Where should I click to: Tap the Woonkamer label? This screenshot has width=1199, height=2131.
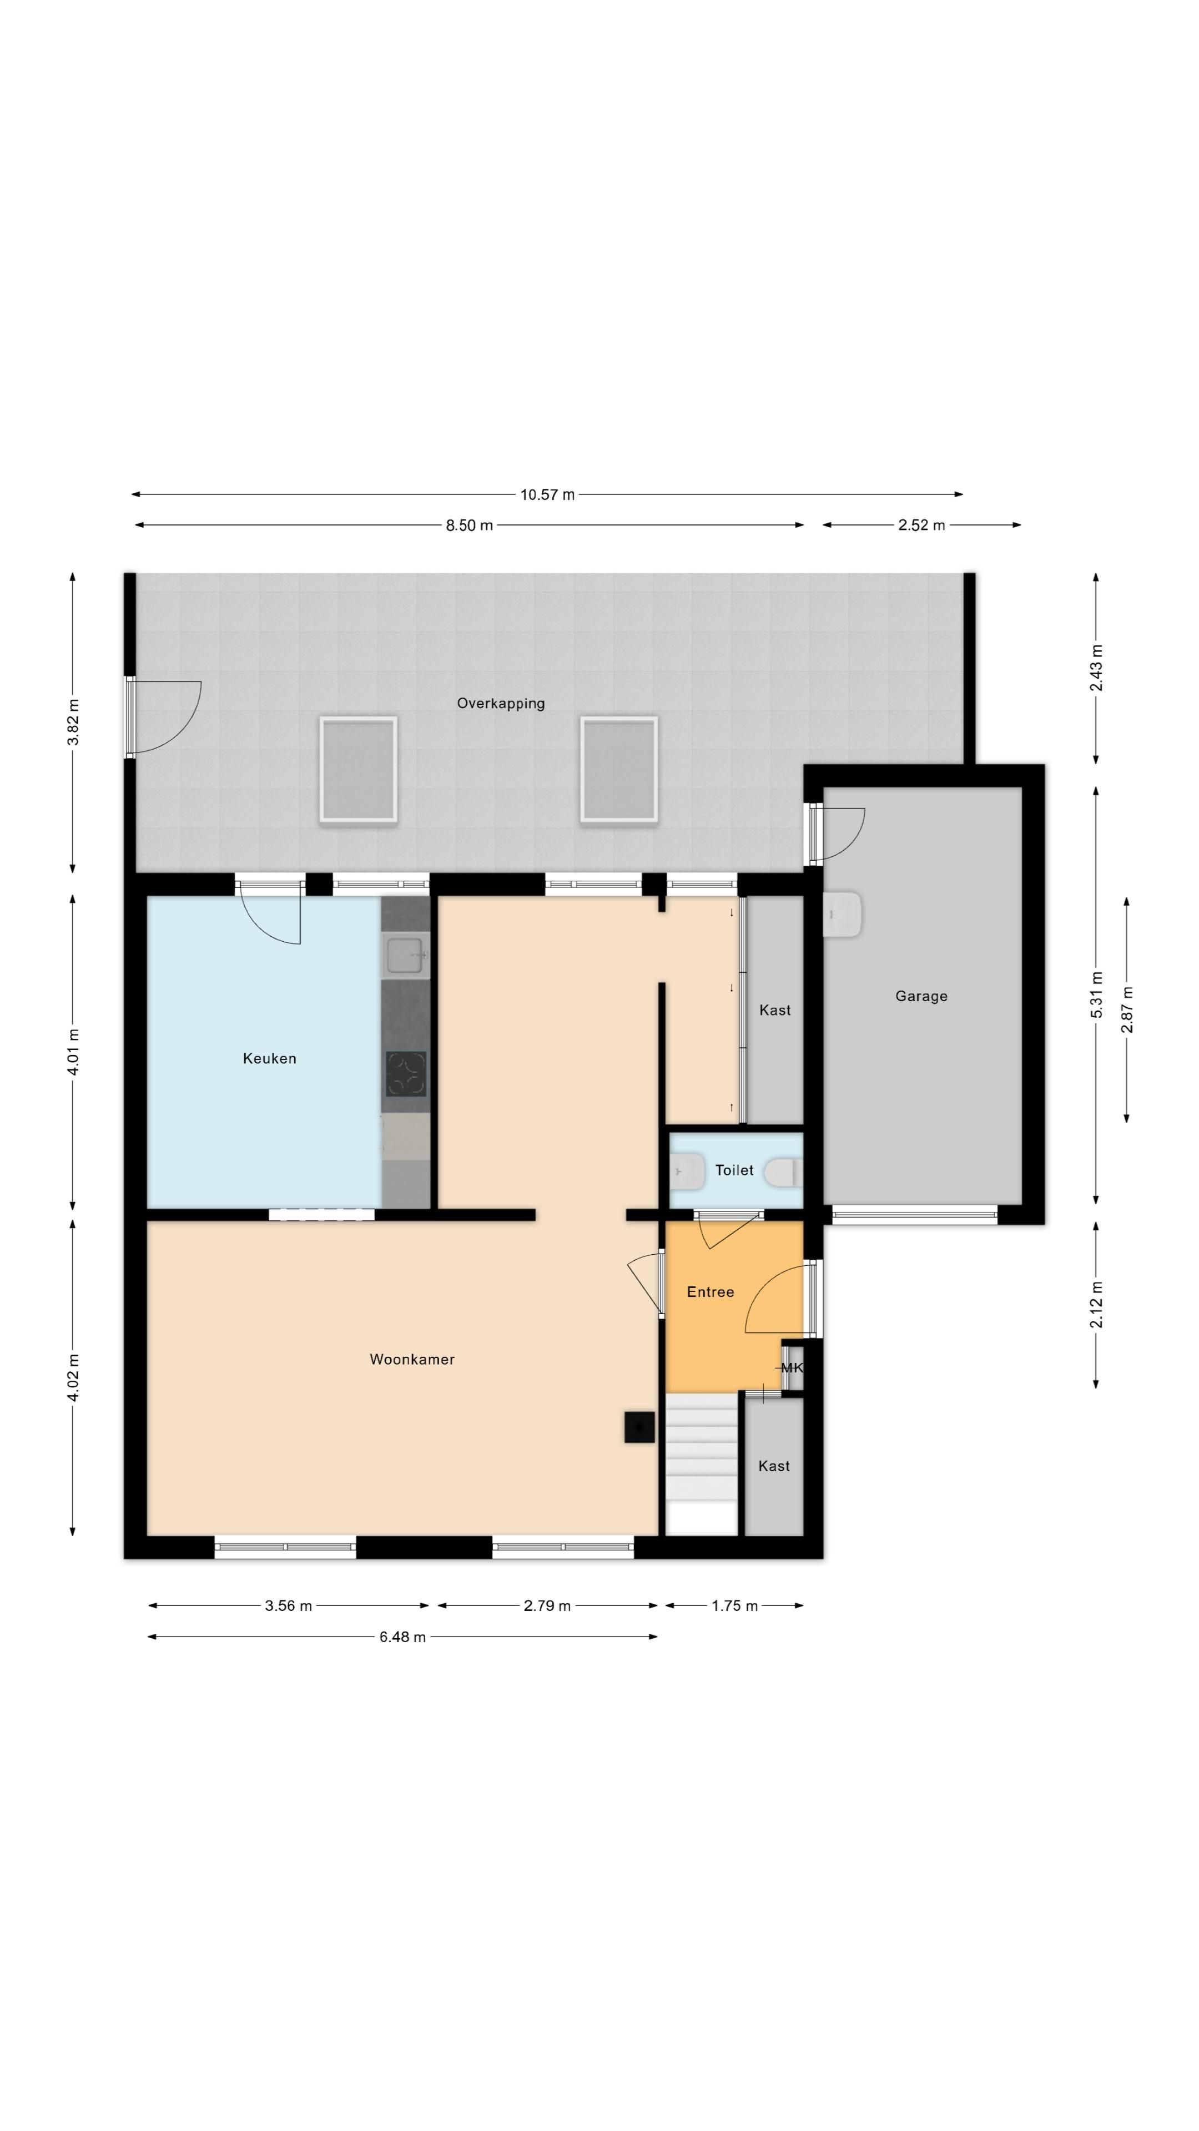point(412,1359)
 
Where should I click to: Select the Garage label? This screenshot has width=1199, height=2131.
point(921,996)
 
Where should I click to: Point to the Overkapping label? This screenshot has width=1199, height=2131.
point(501,703)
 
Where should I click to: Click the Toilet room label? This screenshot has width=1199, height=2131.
point(734,1170)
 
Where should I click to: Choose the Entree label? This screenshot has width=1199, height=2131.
point(710,1291)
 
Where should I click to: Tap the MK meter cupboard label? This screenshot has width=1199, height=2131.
point(792,1367)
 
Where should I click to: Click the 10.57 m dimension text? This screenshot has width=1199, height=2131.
point(547,494)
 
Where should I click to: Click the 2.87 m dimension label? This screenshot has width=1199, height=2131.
point(1126,1010)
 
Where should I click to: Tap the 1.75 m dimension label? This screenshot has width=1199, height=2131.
point(735,1605)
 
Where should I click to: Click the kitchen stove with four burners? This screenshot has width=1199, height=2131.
point(406,1074)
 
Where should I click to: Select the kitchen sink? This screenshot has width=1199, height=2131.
point(405,956)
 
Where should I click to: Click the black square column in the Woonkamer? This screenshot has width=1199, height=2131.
point(639,1427)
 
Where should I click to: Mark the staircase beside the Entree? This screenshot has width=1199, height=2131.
point(702,1465)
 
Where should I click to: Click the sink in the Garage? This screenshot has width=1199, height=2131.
point(843,914)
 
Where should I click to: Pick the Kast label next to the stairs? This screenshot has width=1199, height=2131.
point(774,1466)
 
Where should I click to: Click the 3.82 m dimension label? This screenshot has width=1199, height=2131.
point(73,722)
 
